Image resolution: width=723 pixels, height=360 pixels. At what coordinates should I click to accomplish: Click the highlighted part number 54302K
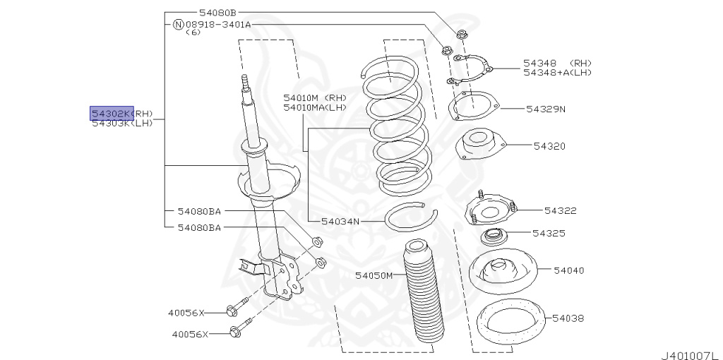tap(111, 114)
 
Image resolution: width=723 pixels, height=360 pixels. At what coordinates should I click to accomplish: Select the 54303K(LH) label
tap(122, 123)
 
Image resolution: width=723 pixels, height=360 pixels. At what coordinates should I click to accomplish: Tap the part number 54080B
tap(217, 12)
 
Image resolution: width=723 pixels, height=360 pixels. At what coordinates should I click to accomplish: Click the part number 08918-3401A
tap(218, 24)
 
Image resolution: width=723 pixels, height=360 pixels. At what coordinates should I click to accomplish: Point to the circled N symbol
tap(178, 24)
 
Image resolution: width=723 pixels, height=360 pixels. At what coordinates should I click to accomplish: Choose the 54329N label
tap(546, 109)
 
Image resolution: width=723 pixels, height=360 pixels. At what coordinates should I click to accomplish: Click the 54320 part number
tap(549, 146)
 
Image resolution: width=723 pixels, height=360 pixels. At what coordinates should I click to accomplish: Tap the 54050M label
tap(374, 275)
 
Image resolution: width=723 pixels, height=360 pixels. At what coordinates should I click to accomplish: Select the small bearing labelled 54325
tap(494, 234)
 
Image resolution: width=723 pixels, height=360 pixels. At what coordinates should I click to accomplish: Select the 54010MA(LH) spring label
tap(315, 107)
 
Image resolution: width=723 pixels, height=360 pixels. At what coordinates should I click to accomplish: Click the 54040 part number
tap(568, 270)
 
